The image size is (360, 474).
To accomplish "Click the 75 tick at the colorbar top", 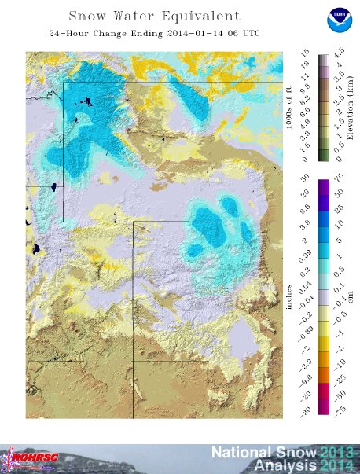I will coord(339,178).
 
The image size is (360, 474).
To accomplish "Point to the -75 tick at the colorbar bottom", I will coord(339,409).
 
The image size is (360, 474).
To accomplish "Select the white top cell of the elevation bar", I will coord(322,57).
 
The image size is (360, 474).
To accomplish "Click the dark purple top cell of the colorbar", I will coord(322,185).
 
